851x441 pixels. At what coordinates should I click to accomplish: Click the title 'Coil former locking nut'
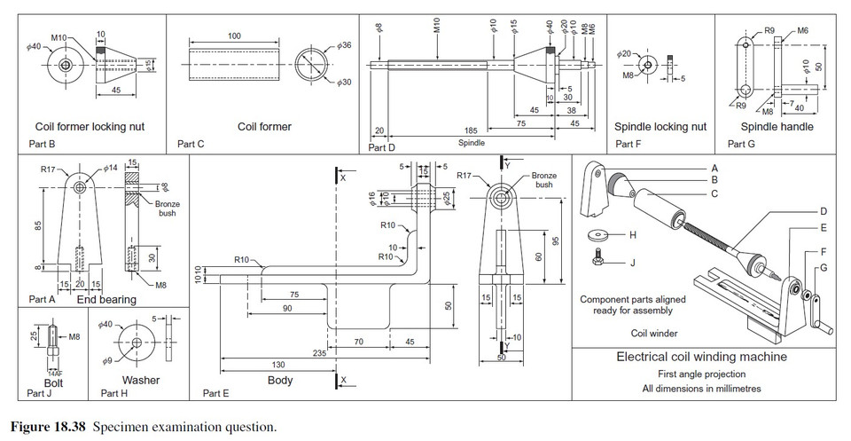90,127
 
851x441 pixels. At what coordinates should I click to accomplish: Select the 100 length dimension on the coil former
234,35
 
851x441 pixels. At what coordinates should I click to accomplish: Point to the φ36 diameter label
345,44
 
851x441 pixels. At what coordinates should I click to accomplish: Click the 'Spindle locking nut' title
660,127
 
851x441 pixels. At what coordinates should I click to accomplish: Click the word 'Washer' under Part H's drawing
140,381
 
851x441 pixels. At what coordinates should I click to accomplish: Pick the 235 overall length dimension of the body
320,353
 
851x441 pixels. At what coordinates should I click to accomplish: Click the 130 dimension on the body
277,366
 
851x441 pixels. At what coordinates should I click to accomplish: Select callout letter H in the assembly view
633,235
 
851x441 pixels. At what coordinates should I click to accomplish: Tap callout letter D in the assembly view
823,211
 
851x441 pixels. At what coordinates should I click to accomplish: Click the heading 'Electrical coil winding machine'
701,358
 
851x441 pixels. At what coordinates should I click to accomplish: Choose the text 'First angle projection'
701,374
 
